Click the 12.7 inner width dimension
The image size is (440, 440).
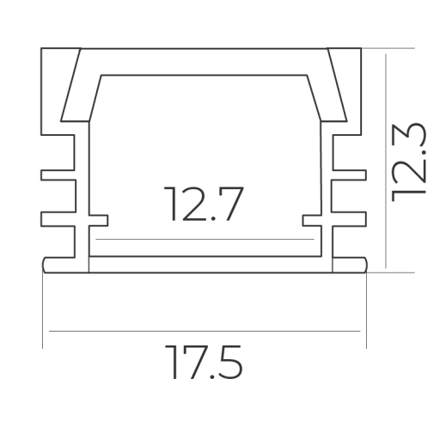point(204,204)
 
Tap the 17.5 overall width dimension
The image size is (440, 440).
point(204,362)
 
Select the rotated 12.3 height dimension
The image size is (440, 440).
point(409,162)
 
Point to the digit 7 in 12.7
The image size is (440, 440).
point(231,204)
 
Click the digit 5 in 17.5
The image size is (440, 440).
point(231,363)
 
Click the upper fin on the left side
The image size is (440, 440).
point(58,175)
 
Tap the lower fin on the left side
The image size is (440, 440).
point(58,219)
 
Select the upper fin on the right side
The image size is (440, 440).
point(349,175)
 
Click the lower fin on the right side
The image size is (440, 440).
point(349,219)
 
